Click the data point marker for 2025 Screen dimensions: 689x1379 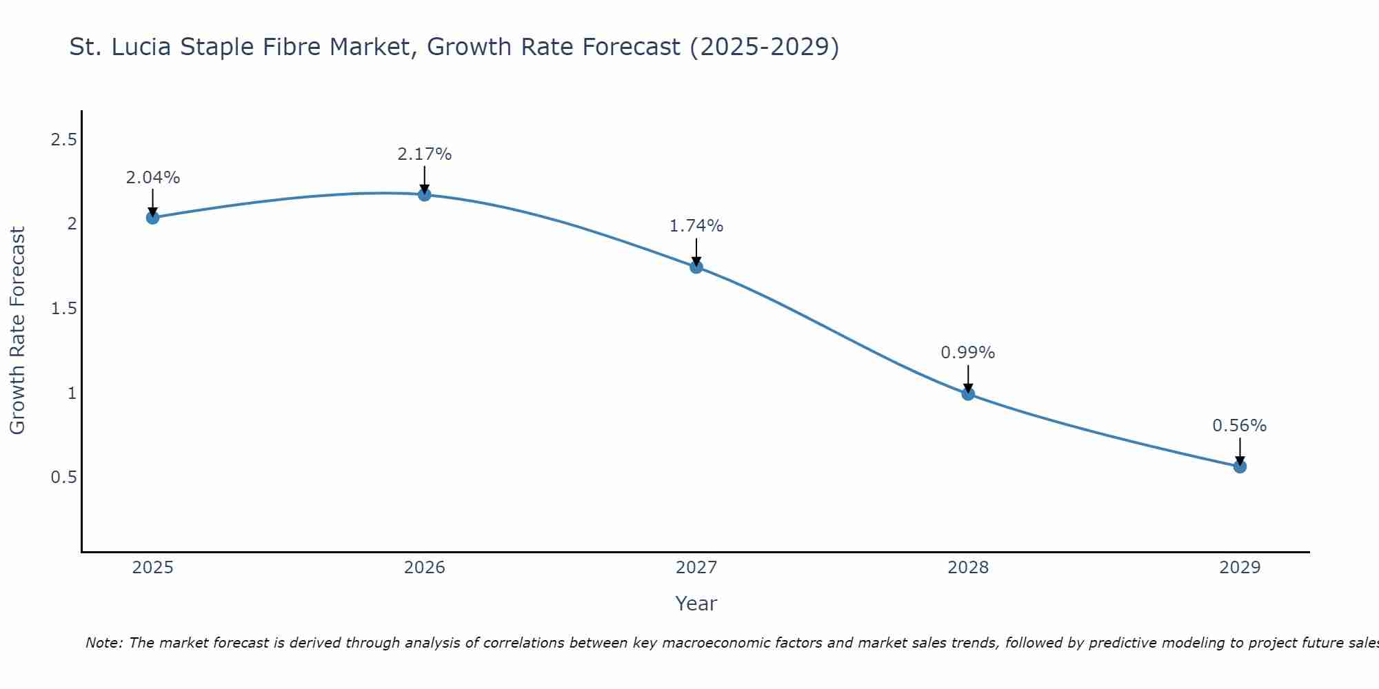pos(152,218)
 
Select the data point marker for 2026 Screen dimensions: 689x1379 pos(424,195)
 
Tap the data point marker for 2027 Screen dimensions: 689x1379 pos(696,267)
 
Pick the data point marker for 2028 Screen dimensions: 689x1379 pos(968,394)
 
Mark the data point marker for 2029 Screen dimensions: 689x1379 pos(1240,466)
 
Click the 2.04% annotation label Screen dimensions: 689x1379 pos(152,178)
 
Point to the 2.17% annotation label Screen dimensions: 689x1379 pos(424,154)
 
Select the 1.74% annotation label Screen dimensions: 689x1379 pos(696,226)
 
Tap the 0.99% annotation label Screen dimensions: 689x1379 pos(968,353)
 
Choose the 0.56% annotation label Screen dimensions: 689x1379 pos(1240,426)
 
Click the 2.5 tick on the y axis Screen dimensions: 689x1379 pos(63,140)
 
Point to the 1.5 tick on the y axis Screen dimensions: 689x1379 pos(63,309)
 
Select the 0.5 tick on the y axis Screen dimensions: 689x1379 pos(63,477)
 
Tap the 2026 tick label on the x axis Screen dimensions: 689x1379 pos(424,568)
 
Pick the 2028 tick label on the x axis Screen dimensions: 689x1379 pos(968,568)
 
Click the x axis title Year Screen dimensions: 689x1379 pos(696,604)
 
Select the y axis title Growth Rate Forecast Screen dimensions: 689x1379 pos(17,331)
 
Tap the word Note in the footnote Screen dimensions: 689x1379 pos(103,643)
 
